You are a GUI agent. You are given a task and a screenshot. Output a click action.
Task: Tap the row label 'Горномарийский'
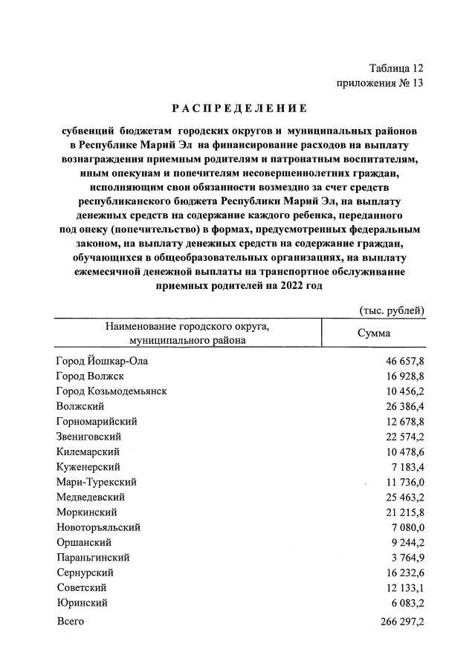(97, 421)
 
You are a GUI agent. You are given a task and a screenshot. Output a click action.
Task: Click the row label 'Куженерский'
(88, 466)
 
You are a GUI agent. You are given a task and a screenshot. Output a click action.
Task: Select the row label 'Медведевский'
(91, 496)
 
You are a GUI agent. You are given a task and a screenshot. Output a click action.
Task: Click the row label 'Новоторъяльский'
(98, 526)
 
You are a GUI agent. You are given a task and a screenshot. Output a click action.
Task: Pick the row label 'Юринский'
(83, 602)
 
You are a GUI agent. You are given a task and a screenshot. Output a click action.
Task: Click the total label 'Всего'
(71, 621)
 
